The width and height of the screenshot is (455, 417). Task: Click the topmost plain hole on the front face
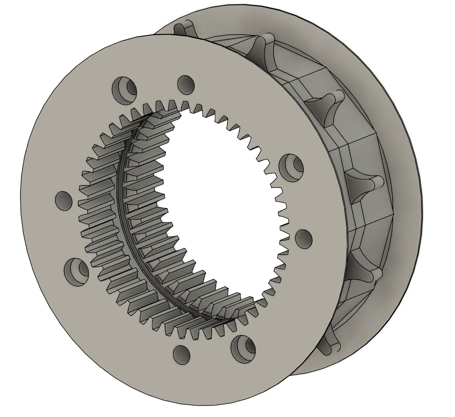[x=186, y=84]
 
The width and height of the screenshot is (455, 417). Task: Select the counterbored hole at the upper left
[x=125, y=87]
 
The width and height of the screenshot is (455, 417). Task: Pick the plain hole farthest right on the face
[x=304, y=239]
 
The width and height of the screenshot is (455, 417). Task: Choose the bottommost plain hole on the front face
[x=181, y=355]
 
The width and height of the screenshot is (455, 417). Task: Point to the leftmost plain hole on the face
[x=64, y=200]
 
